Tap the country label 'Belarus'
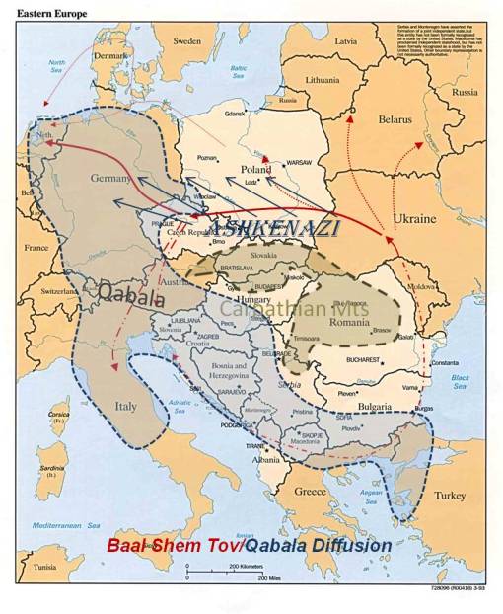(394, 119)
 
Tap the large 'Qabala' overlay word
(125, 293)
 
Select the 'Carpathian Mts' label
(282, 308)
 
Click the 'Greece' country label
(310, 490)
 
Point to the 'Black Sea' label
(460, 382)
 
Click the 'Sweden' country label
(186, 41)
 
